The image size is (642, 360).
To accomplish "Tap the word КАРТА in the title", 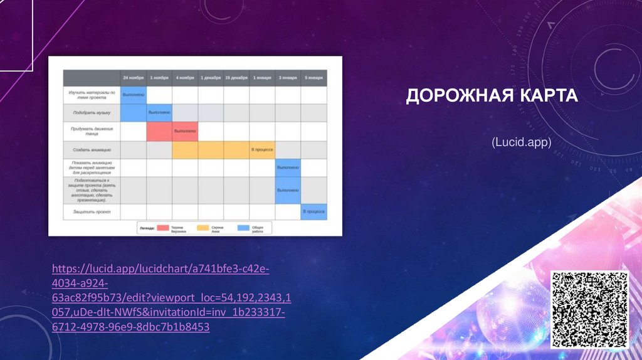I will click(546, 97).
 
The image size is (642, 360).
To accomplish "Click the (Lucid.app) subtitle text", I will click(521, 143).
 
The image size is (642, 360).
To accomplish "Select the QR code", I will click(589, 310).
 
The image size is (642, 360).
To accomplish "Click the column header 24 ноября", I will click(133, 78).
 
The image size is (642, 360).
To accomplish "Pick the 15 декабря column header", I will click(236, 78).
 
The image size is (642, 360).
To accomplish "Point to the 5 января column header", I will click(313, 78).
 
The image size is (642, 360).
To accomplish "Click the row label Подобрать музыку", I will click(92, 113).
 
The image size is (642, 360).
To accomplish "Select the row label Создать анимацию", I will click(92, 150).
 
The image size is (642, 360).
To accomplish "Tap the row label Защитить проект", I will click(92, 212).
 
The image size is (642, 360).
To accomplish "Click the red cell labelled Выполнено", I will click(185, 131).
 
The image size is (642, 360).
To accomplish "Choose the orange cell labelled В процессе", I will click(261, 150).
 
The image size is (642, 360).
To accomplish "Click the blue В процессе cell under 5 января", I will click(313, 212).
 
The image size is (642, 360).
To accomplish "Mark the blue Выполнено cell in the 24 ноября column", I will click(133, 95).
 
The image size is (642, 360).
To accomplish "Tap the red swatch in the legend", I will click(164, 228).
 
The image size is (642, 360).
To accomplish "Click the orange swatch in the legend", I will click(204, 228).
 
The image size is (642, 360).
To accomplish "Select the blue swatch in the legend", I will click(243, 228).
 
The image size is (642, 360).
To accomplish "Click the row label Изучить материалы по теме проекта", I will click(92, 95).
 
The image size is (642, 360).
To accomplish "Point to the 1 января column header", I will click(262, 78).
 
